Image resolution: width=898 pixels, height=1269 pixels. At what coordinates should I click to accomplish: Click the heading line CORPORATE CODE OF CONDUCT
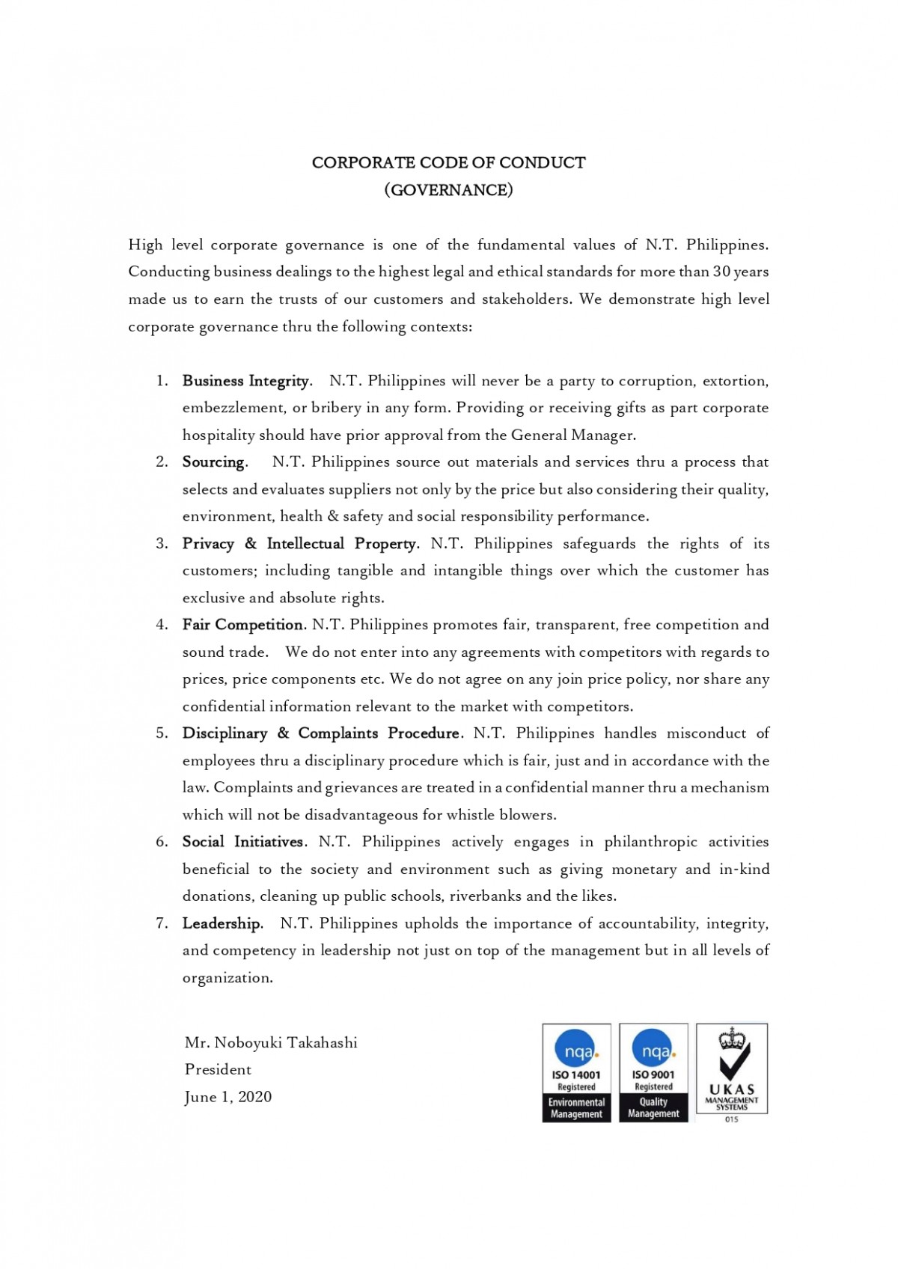[448, 162]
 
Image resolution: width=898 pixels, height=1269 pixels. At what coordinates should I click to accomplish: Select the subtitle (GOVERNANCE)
[448, 190]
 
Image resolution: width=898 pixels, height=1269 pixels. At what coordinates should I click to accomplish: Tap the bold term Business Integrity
[245, 381]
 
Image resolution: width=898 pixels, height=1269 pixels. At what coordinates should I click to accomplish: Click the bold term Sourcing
[213, 462]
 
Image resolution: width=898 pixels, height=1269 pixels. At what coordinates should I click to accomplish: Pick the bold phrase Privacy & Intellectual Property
[299, 544]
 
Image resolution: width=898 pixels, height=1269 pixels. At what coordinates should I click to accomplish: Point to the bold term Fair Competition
[242, 625]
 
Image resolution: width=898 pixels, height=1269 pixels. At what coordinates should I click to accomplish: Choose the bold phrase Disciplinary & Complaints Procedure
[321, 733]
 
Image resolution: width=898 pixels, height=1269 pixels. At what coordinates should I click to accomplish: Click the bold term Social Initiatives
[243, 842]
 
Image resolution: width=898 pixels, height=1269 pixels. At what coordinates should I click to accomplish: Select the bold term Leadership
[222, 923]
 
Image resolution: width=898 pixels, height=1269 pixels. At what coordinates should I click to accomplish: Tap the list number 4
[162, 625]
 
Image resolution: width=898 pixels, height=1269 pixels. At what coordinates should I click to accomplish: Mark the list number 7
[162, 923]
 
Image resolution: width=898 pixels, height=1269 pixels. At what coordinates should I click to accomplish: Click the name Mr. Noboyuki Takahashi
[271, 1043]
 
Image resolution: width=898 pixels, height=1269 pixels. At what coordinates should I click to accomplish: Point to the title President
[218, 1070]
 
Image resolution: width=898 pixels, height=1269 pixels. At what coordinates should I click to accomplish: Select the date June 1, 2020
[228, 1098]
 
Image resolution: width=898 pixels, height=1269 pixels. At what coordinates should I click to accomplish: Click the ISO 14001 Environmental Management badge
[576, 1073]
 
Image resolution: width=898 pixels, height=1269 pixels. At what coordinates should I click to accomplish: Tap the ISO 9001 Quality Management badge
[653, 1073]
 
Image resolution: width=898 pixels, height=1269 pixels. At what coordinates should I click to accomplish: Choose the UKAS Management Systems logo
[732, 1071]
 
